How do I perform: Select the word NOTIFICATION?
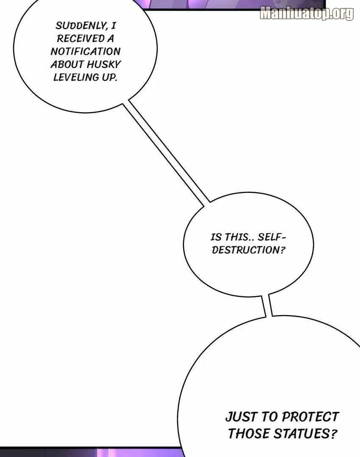pos(86,52)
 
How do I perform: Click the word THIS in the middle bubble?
pos(237,237)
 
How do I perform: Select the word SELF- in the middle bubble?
pos(272,237)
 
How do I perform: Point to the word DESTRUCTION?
pos(246,250)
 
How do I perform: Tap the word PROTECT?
pos(310,417)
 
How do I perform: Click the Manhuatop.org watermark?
pos(307,13)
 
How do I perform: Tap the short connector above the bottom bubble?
pos(267,306)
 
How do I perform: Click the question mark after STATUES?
pos(334,433)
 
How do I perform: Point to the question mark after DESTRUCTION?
pos(282,250)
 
